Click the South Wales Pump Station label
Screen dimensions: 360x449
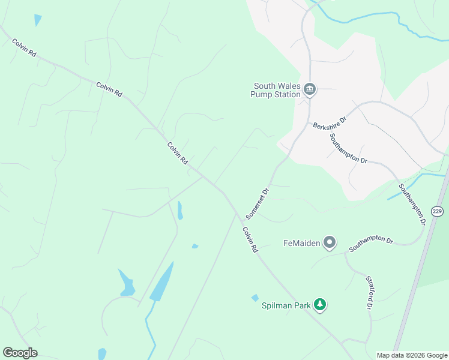point(276,90)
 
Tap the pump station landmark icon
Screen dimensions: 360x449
point(310,90)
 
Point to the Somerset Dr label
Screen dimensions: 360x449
point(259,202)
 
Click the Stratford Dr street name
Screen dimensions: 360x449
point(369,292)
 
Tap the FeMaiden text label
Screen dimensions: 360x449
point(301,243)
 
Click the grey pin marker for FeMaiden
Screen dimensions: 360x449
point(330,243)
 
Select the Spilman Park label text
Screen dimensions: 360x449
point(286,305)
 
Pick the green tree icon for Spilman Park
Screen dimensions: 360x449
point(321,305)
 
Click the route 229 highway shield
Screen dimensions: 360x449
point(437,211)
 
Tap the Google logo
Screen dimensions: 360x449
point(20,353)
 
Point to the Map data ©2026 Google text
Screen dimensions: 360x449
point(412,355)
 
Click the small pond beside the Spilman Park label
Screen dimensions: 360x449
point(255,298)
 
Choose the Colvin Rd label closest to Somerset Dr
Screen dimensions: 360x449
point(250,239)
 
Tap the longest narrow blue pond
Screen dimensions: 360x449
point(162,282)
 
